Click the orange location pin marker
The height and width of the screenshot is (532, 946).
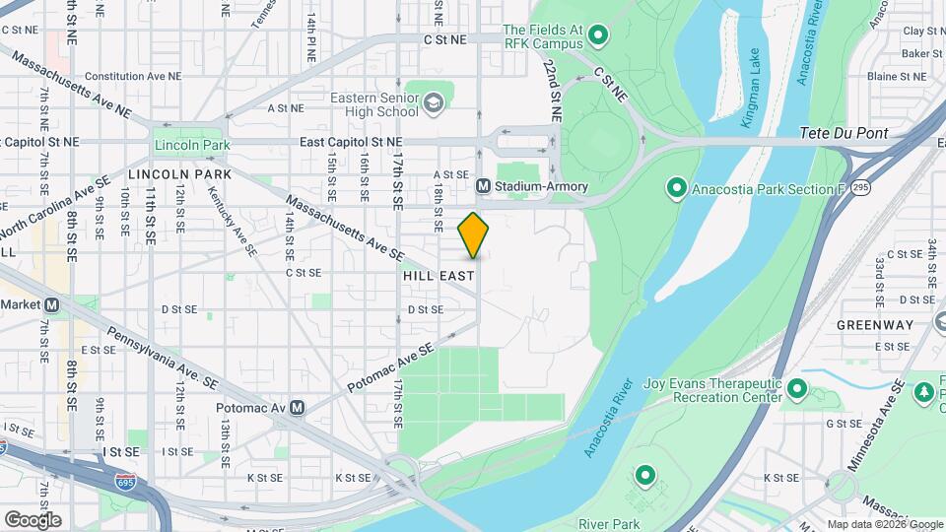[473, 235]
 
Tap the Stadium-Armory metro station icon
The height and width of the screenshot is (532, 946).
[484, 186]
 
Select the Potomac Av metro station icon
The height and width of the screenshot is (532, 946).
[297, 407]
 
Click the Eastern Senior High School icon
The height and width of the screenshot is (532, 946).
[433, 102]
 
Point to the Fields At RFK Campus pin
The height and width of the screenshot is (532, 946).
[597, 39]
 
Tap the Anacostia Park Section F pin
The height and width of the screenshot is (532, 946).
[676, 187]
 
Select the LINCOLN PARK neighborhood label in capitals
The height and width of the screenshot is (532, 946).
[179, 174]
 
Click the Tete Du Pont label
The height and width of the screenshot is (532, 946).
[844, 133]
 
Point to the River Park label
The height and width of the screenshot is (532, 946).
[609, 524]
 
